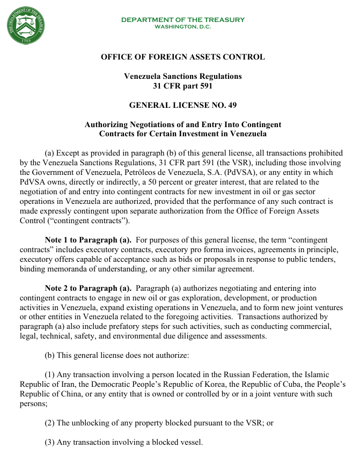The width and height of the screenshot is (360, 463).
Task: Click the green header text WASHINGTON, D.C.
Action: [x=182, y=26]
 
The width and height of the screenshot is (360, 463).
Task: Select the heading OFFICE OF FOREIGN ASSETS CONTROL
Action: [x=182, y=57]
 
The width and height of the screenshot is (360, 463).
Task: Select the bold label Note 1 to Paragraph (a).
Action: [x=88, y=240]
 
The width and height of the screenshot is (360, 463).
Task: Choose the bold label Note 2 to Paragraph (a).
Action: [x=88, y=288]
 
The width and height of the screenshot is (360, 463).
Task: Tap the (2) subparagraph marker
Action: [x=50, y=423]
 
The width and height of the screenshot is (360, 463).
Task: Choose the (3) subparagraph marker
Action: [x=50, y=442]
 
